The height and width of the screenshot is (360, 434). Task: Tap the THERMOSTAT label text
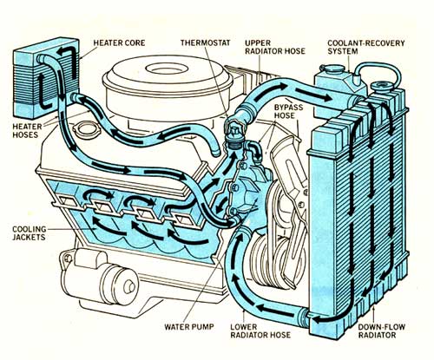pyautogui.click(x=204, y=41)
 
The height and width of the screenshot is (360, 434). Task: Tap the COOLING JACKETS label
pyautogui.click(x=27, y=236)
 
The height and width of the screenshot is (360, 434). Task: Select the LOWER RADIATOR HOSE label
pyautogui.click(x=266, y=333)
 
